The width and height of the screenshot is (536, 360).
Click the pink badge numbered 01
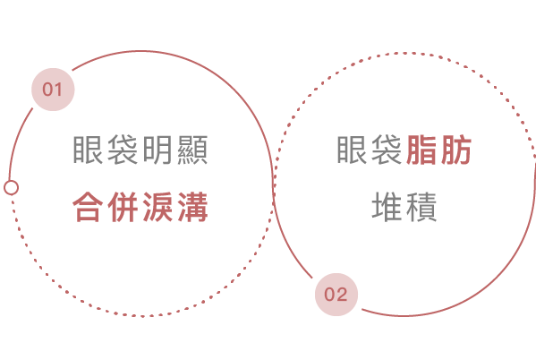pyautogui.click(x=53, y=90)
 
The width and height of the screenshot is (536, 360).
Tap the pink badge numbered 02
pyautogui.click(x=336, y=295)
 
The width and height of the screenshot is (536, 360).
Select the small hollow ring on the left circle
pyautogui.click(x=12, y=187)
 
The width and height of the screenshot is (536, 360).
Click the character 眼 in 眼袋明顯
pyautogui.click(x=88, y=150)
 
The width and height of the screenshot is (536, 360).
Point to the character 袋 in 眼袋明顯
pyautogui.click(x=123, y=150)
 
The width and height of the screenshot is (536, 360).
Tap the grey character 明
pyautogui.click(x=157, y=150)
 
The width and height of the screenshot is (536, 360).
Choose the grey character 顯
pyautogui.click(x=192, y=150)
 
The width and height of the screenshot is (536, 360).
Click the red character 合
pyautogui.click(x=88, y=207)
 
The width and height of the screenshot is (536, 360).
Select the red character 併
pyautogui.click(x=123, y=207)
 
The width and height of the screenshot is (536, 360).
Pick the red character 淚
pyautogui.click(x=157, y=207)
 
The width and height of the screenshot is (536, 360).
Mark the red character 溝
pyautogui.click(x=192, y=207)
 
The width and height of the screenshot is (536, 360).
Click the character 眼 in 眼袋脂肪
pyautogui.click(x=352, y=150)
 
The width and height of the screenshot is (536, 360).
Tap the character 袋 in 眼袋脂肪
pyautogui.click(x=387, y=150)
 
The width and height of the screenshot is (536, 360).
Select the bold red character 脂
pyautogui.click(x=421, y=150)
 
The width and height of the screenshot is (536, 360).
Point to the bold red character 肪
pyautogui.click(x=456, y=150)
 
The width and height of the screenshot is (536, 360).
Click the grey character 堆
pyautogui.click(x=387, y=206)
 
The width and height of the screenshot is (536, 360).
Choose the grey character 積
pyautogui.click(x=421, y=206)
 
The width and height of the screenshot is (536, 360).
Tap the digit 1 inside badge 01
pyautogui.click(x=58, y=90)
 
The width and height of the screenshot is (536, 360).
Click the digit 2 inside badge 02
pyautogui.click(x=342, y=295)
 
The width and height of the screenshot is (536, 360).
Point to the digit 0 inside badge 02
pyautogui.click(x=330, y=295)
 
